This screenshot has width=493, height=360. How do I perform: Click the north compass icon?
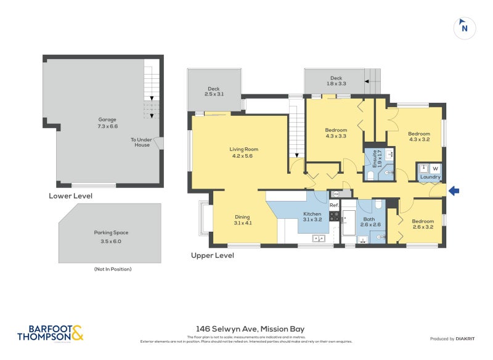[x=465, y=28]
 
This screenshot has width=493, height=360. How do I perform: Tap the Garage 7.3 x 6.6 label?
[x=107, y=123]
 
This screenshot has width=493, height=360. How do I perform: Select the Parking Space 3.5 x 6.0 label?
[x=112, y=237]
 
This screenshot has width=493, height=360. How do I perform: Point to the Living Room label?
[x=243, y=152]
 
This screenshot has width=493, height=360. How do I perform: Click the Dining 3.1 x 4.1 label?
[x=242, y=219]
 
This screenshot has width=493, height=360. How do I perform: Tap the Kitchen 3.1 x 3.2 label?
[x=312, y=216]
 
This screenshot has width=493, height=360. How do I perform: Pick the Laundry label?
[x=430, y=178]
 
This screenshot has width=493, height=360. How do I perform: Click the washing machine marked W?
[x=435, y=168]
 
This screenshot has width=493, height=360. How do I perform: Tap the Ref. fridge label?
[x=333, y=205]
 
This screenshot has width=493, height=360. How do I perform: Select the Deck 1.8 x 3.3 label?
[x=336, y=81]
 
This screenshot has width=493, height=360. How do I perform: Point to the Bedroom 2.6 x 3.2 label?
[x=423, y=224]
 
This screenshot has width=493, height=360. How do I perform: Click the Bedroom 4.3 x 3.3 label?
[x=336, y=133]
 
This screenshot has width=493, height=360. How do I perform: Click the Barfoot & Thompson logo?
[x=49, y=333]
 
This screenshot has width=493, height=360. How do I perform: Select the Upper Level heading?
[x=213, y=255]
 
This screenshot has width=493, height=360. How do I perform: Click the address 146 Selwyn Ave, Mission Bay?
[x=246, y=329]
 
